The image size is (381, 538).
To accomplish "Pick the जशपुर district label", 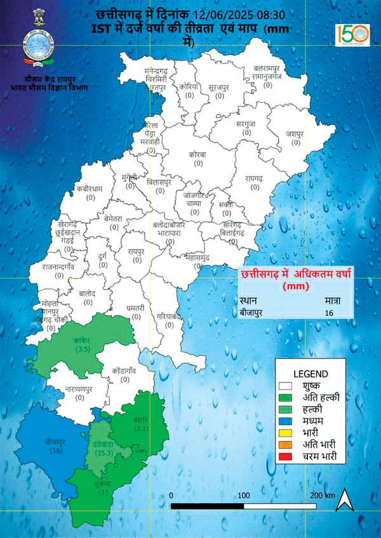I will click(291, 134).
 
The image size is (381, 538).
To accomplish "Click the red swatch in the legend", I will click(290, 456).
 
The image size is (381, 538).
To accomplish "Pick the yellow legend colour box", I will click(290, 431).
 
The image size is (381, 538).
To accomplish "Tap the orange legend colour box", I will click(290, 444).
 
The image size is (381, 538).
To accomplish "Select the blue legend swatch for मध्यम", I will click(290, 419).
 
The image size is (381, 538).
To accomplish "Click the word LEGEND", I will click(310, 373).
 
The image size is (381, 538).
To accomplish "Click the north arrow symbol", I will click(344, 499).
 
